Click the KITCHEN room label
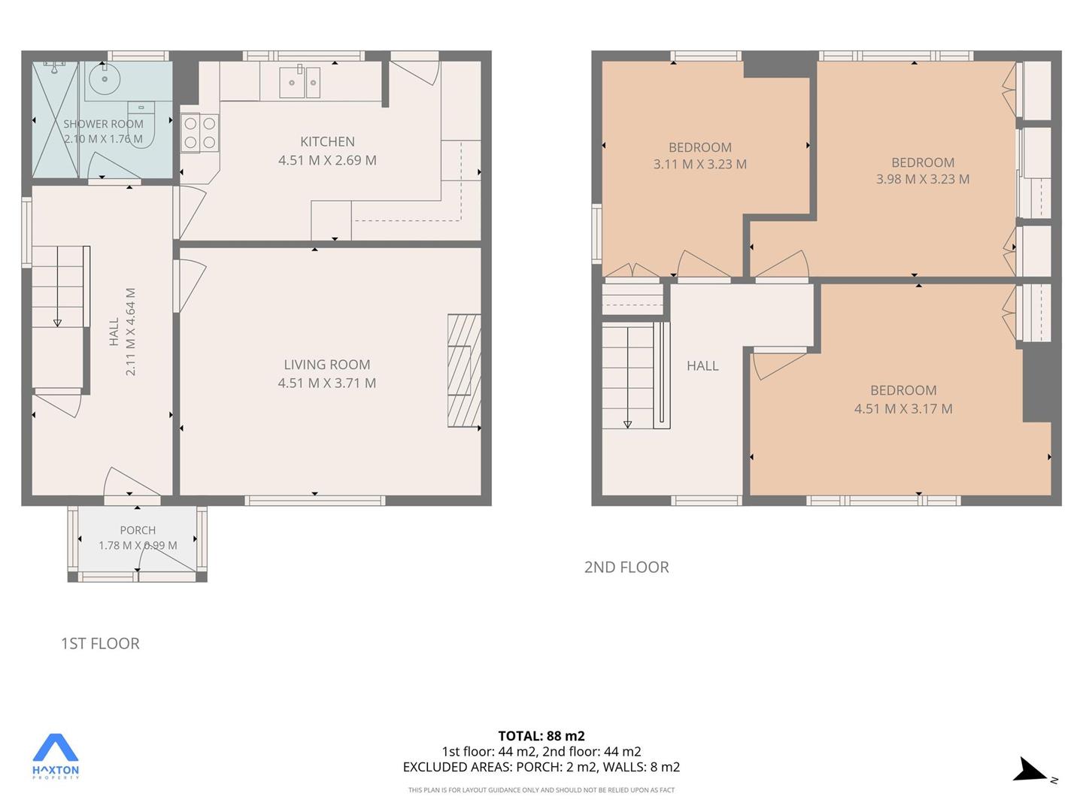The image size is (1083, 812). coord(327,142)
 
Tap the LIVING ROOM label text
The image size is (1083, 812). coord(326,365)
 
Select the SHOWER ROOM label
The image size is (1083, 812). coord(103,124)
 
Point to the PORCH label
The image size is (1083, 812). coord(138,531)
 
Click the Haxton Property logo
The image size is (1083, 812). coord(55,756)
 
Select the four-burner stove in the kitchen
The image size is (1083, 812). coord(200,132)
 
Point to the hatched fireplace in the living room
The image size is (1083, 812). coord(464,370)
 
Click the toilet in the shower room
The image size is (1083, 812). coord(141,123)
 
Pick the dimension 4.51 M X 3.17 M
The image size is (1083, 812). coord(903,409)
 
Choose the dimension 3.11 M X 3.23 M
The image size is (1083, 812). coord(699,164)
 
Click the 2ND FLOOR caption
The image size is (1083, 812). coord(626,568)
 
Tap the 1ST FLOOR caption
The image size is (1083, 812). coord(100,644)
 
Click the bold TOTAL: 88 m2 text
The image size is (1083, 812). coord(541,736)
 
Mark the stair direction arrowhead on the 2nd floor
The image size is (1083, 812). coord(627,425)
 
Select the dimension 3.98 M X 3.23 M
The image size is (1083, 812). coord(923,180)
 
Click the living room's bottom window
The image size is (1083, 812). coord(315,501)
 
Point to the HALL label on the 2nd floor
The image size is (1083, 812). coord(702,366)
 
